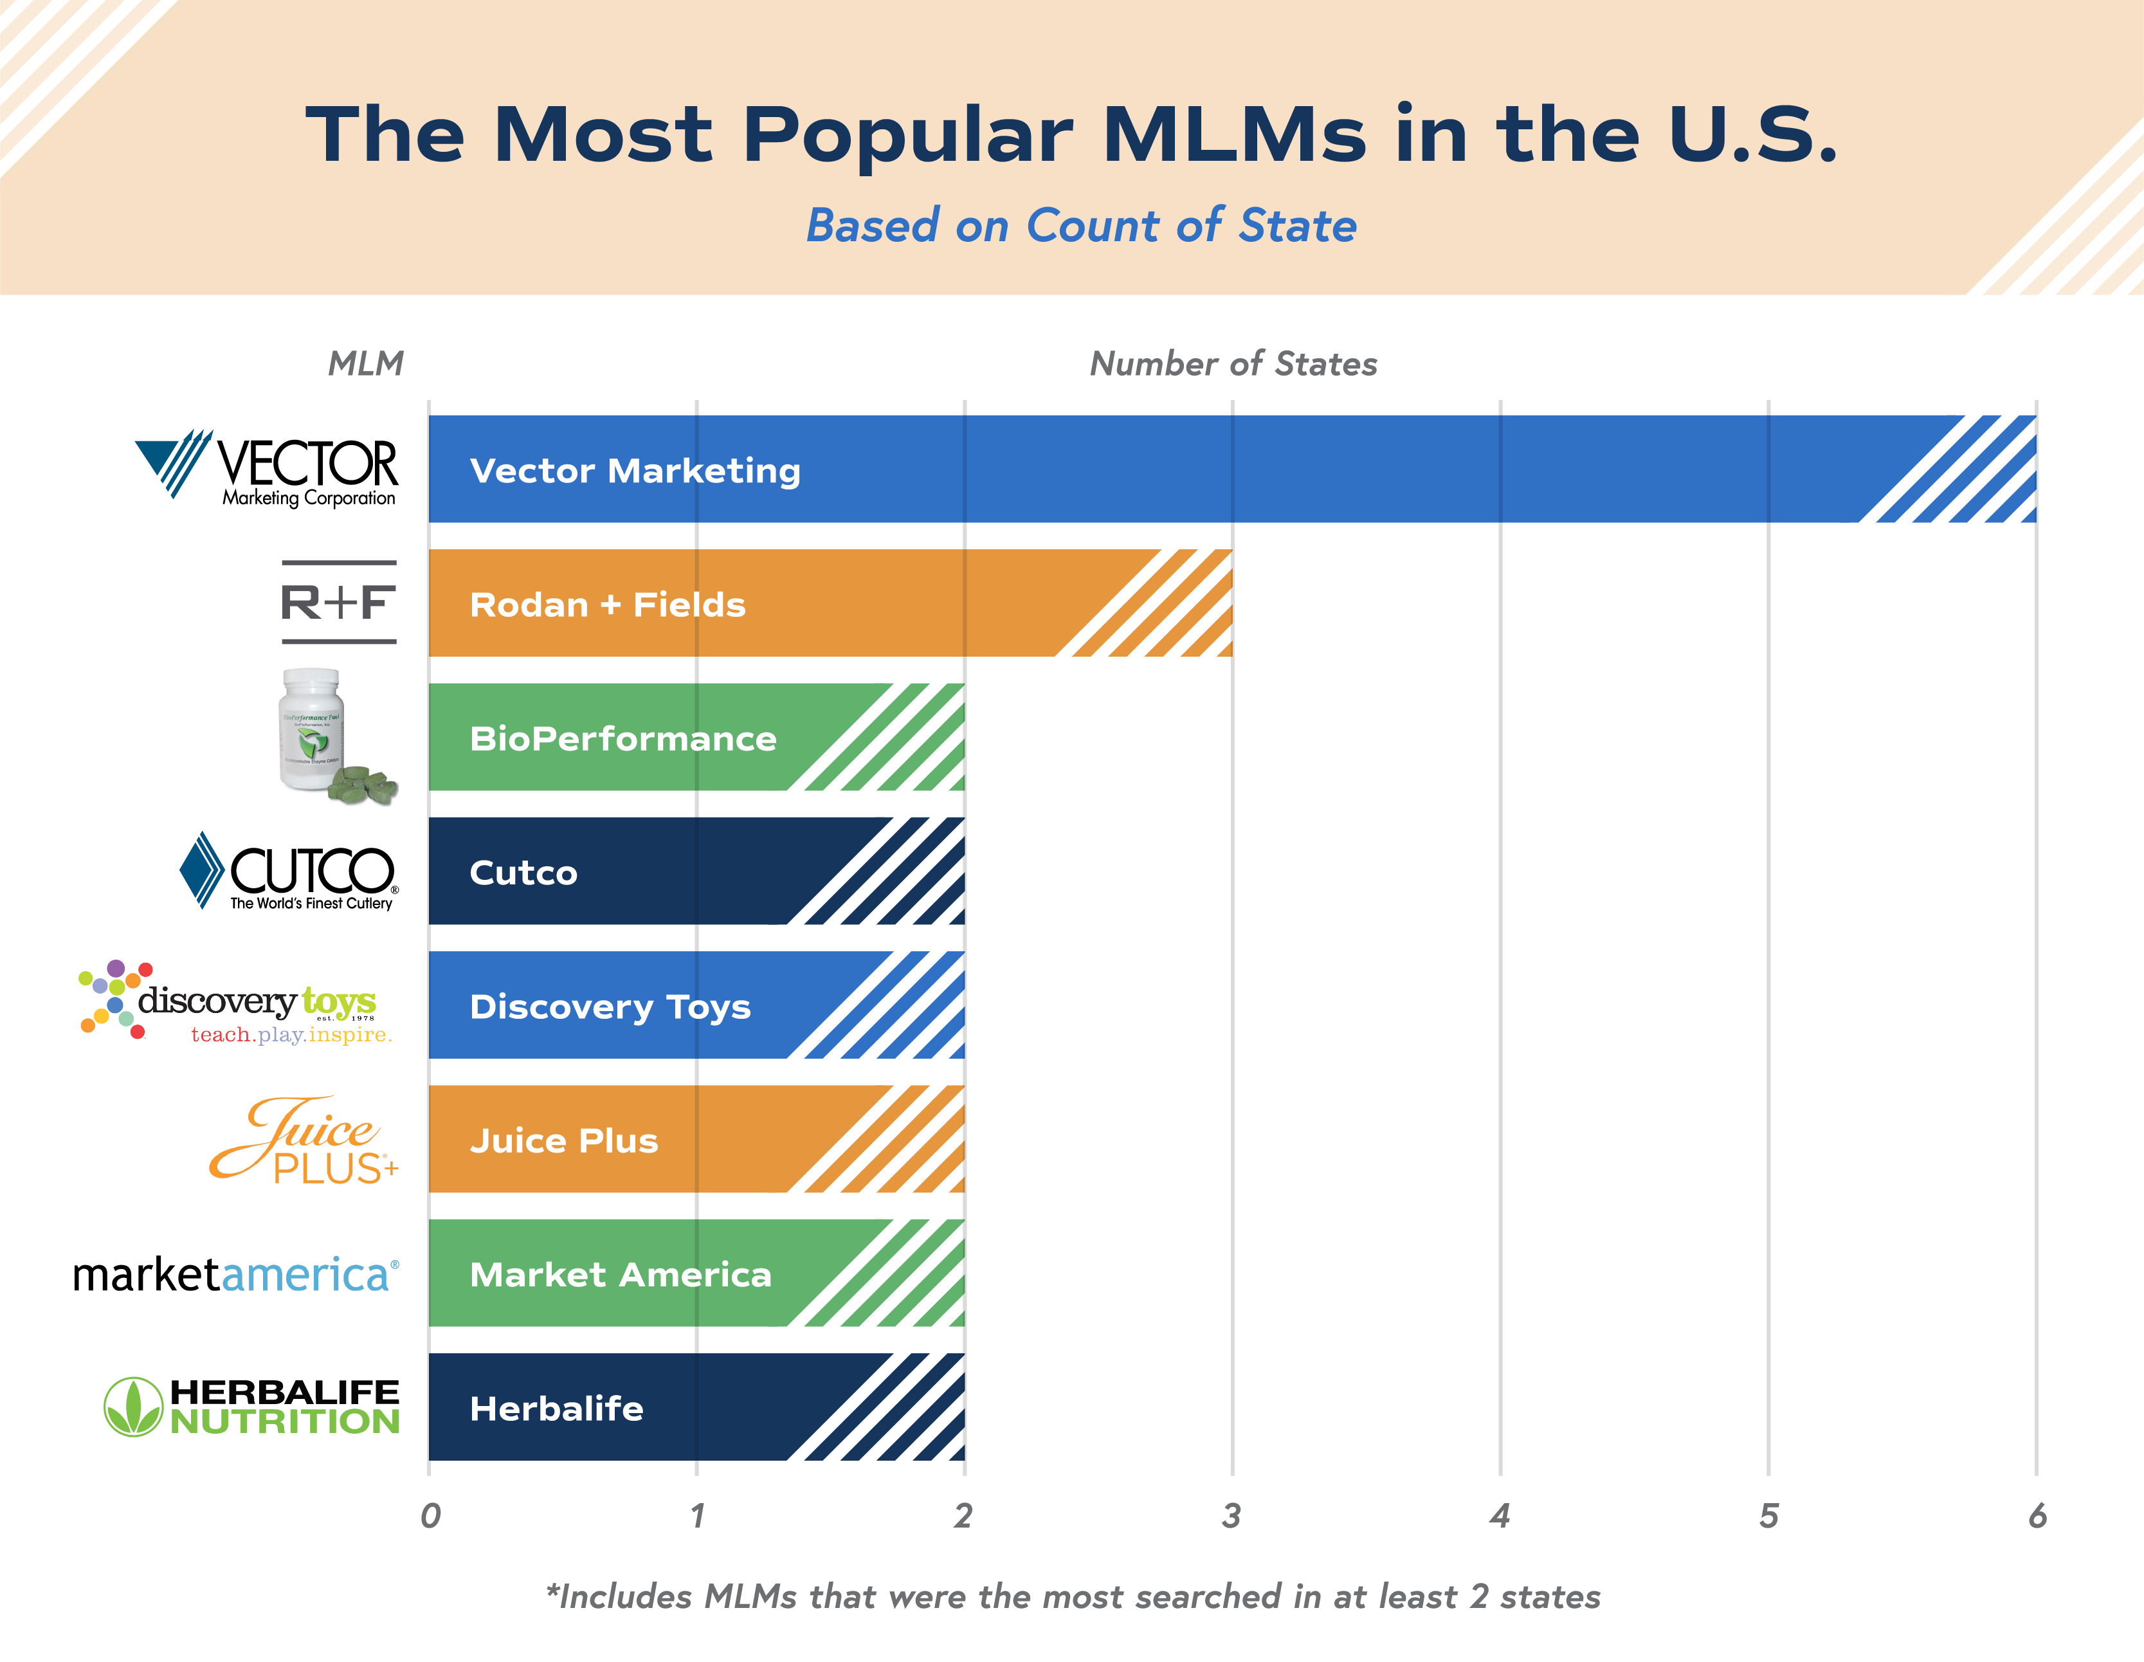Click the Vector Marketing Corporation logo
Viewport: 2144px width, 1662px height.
[267, 470]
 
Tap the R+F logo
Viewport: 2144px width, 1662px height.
[339, 602]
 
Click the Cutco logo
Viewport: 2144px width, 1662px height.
[289, 872]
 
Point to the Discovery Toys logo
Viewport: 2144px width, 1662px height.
[235, 1003]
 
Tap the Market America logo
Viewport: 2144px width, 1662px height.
[235, 1274]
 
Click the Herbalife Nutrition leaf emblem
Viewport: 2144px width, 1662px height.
[132, 1407]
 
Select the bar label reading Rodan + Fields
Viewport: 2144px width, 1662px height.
[608, 604]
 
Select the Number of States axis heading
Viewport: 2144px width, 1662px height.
[1233, 364]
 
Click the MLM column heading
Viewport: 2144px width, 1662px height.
[365, 364]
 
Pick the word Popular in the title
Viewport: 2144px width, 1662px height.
[907, 134]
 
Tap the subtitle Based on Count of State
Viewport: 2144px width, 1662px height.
[1081, 226]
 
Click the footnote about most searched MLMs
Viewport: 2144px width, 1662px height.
[1072, 1596]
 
